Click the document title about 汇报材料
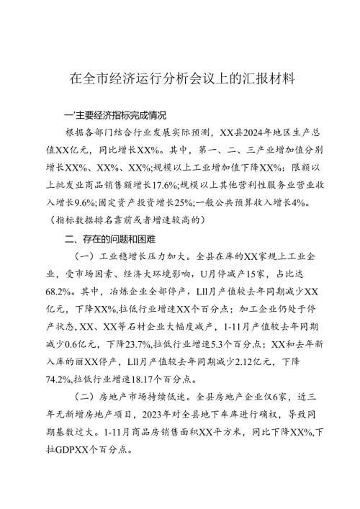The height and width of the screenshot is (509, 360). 179,76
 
